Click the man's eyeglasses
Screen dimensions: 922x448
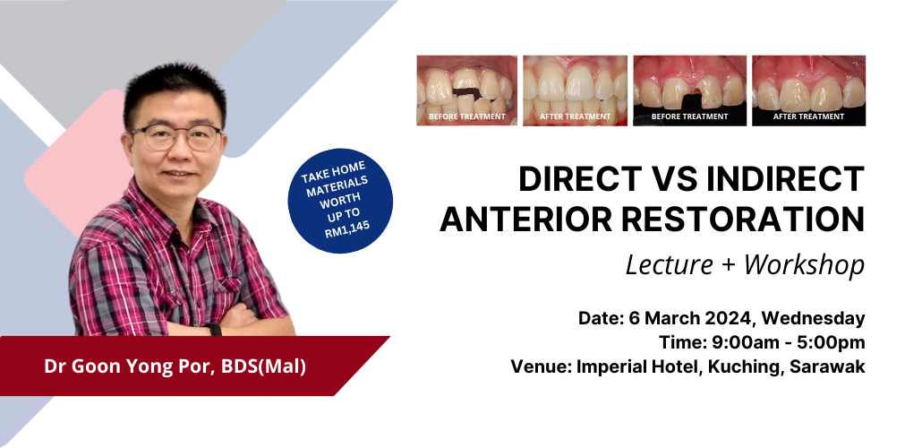coord(175,137)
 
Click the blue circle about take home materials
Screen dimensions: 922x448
coord(340,201)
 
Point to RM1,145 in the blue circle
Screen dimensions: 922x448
coord(347,228)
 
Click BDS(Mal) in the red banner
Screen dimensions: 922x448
coord(263,366)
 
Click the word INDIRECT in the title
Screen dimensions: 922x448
coord(786,179)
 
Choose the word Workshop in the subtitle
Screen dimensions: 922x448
coord(804,265)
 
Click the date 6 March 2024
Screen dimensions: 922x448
coord(690,318)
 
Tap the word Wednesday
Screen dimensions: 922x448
coord(813,318)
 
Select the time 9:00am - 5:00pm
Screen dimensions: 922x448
coord(788,342)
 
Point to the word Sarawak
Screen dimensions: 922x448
coord(827,366)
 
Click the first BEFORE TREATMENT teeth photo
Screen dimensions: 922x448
coord(467,90)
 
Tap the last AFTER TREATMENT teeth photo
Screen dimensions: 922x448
coord(808,90)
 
